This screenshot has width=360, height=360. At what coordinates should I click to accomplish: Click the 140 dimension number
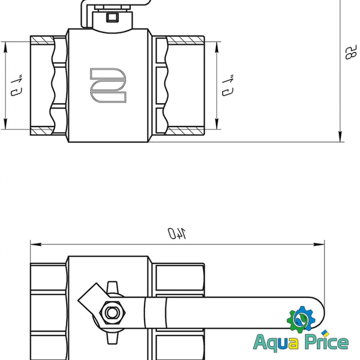(x=176, y=233)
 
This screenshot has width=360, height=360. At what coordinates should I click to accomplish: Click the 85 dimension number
(x=351, y=52)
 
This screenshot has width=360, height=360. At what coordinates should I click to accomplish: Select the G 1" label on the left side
(x=17, y=85)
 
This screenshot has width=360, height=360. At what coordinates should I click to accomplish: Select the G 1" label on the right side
(x=228, y=85)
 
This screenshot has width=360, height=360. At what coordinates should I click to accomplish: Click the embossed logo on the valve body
(x=108, y=85)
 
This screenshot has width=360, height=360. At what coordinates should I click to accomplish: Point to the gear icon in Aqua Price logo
(x=301, y=319)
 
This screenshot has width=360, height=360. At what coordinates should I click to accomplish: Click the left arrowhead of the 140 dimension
(x=36, y=244)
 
